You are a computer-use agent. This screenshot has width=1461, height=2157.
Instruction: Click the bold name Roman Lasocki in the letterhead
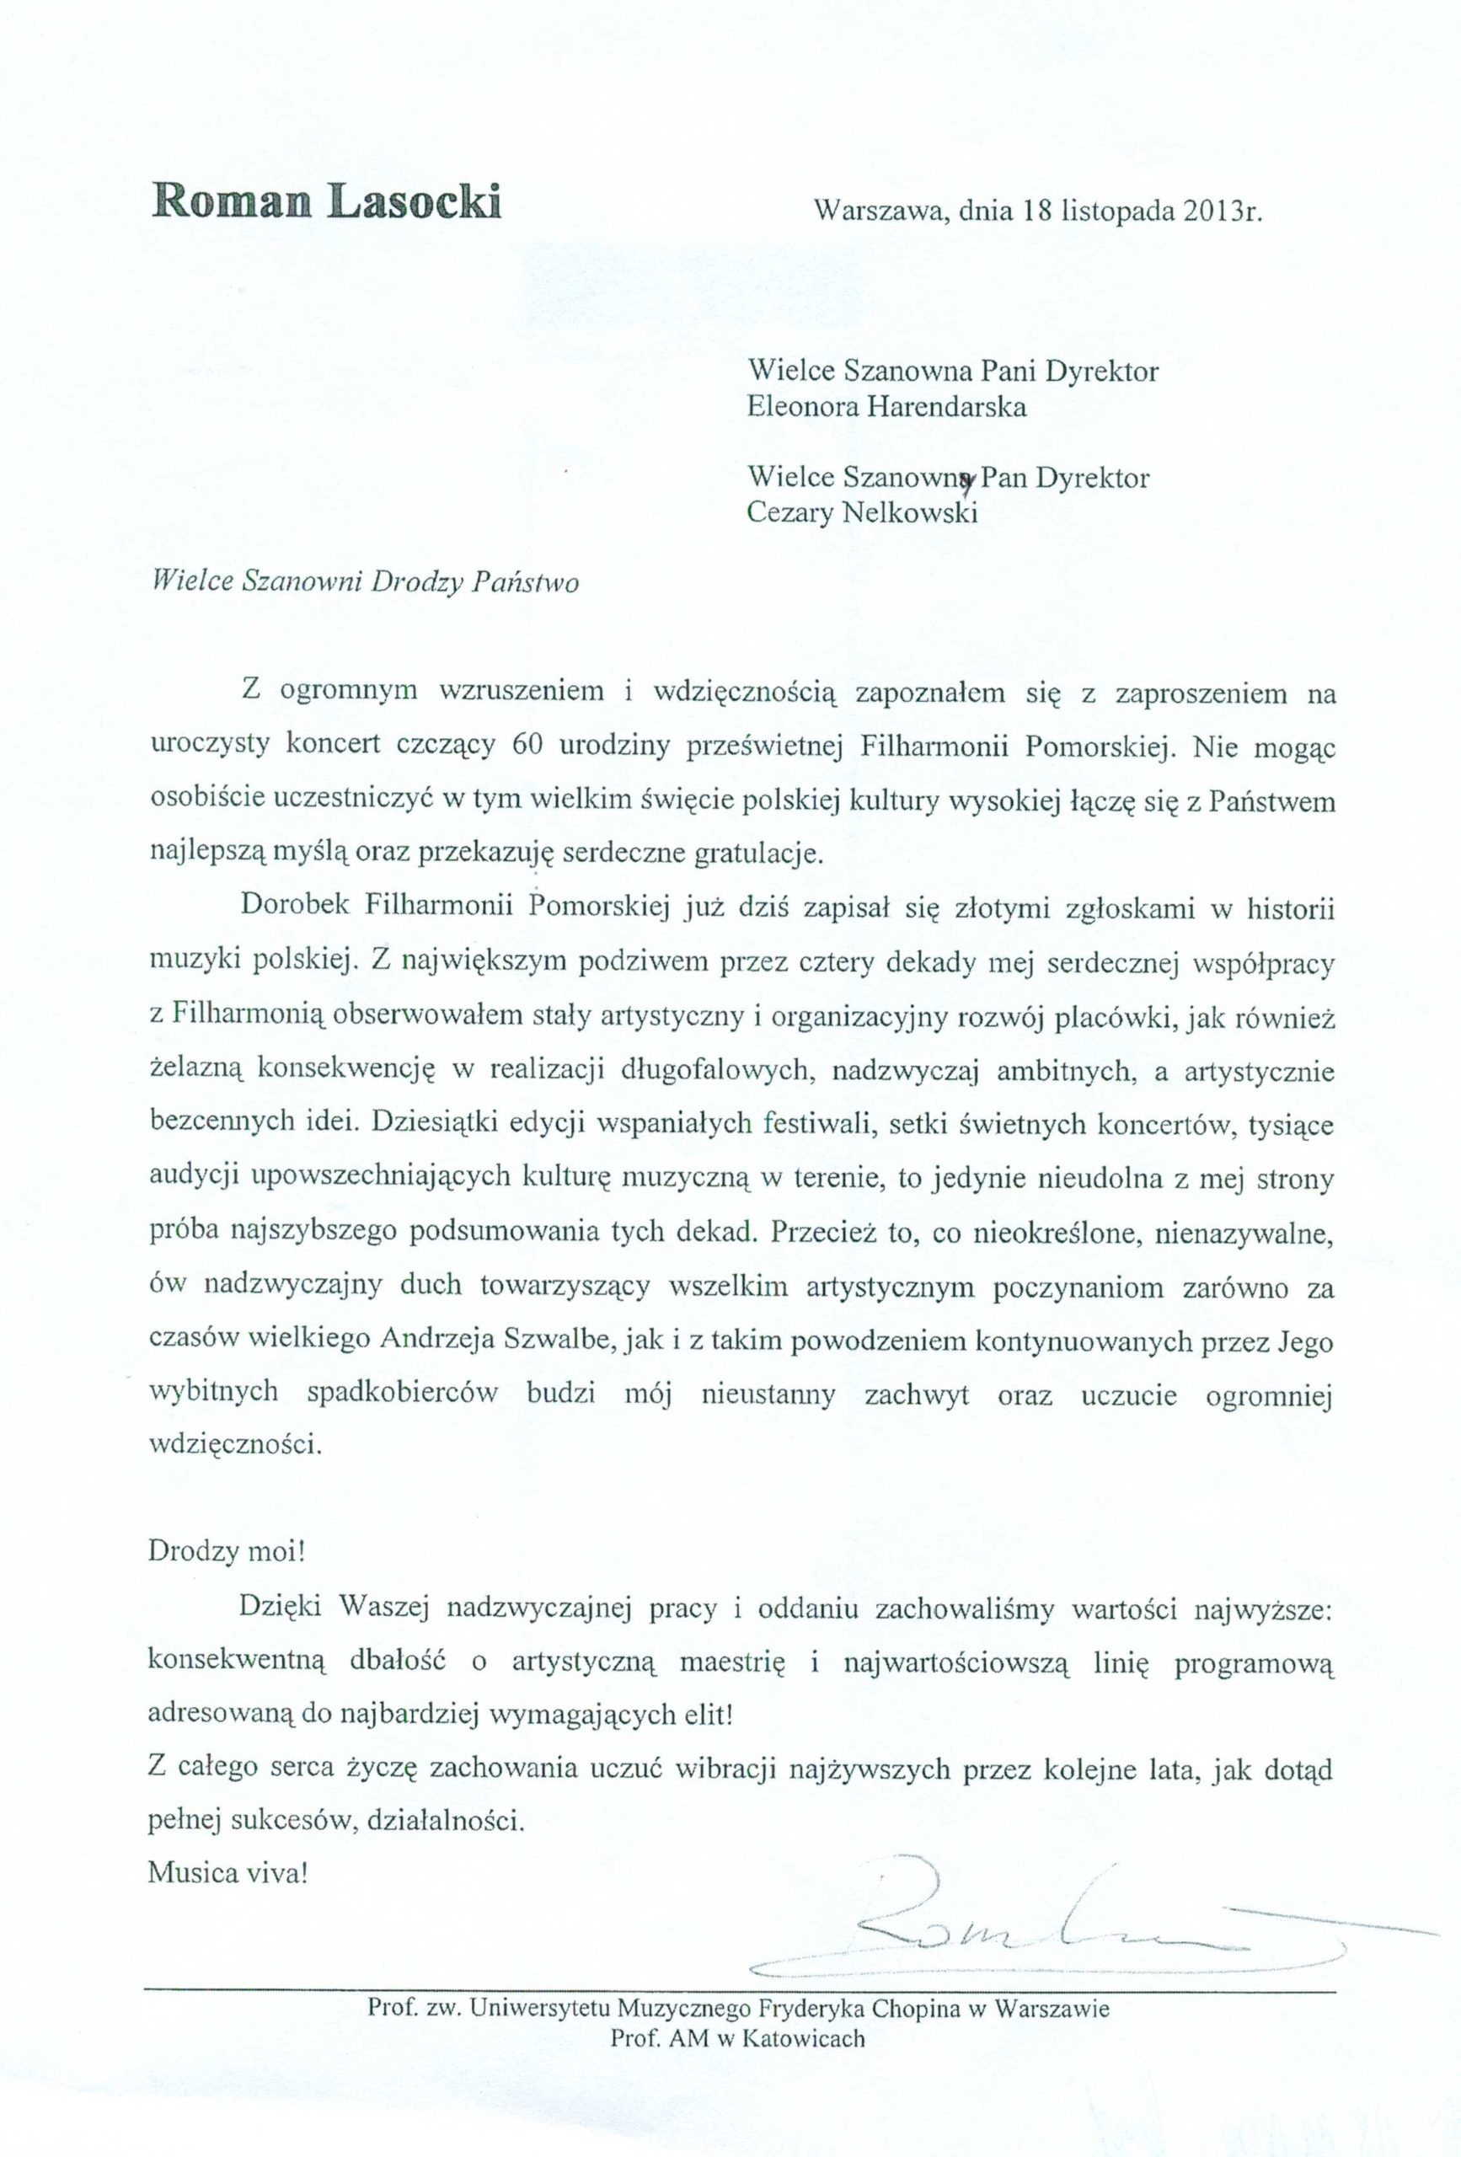(x=326, y=201)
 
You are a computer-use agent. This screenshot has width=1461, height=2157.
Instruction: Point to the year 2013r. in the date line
(x=1223, y=211)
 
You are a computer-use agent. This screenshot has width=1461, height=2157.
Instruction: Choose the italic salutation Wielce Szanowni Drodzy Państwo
(x=365, y=582)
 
